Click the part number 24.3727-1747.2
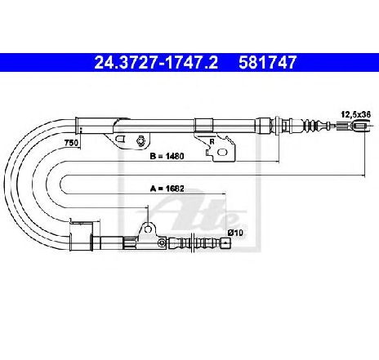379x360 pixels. tap(156, 63)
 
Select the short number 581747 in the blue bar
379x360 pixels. tap(267, 63)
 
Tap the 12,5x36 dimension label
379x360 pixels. tap(356, 114)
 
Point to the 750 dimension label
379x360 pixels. tap(71, 143)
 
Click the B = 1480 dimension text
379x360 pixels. tap(167, 156)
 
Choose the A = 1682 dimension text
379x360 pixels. tap(167, 189)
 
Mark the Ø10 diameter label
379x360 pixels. tap(235, 233)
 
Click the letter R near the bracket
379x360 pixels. tap(212, 142)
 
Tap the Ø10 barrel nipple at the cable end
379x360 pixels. tap(225, 243)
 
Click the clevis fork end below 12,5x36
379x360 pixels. tap(361, 126)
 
